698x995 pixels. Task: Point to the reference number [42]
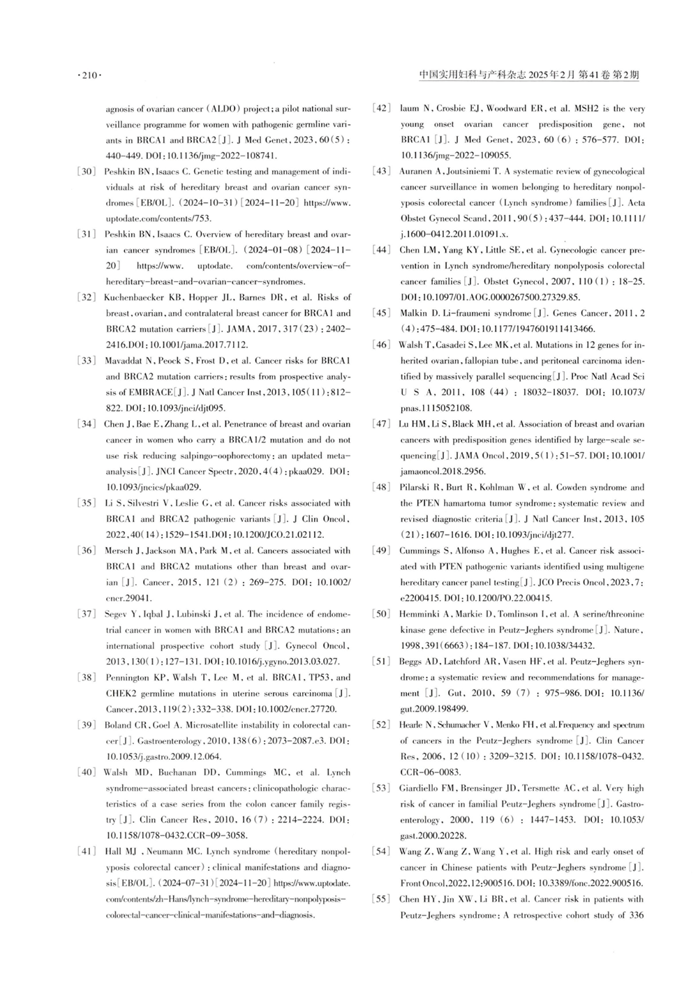tap(381, 109)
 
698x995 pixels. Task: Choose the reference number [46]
tap(381, 345)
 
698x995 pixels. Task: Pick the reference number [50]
tap(381, 614)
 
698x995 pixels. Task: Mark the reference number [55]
tap(381, 899)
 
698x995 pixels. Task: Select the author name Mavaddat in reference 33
tap(124, 361)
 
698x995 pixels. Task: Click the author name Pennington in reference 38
tap(126, 678)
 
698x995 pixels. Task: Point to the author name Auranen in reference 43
tap(416, 172)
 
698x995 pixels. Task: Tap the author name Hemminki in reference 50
tap(418, 614)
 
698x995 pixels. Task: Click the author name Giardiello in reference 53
tap(419, 788)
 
